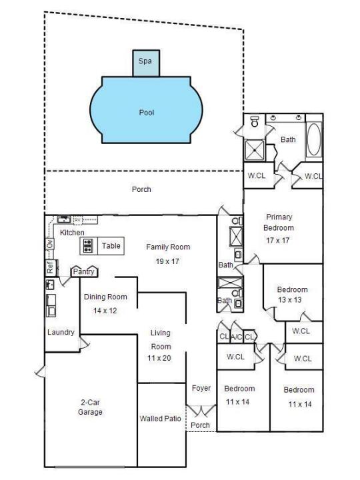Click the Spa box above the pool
point(146,63)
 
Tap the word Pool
point(147,113)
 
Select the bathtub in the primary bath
point(314,139)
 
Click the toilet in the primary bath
point(255,121)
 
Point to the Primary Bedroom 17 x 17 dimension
point(277,241)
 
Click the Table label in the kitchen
point(111,246)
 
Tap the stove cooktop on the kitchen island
point(88,246)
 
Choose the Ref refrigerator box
point(50,267)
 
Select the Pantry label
point(83,271)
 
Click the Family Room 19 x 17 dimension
point(167,261)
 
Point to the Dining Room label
point(105,297)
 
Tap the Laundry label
point(61,333)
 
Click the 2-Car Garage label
point(90,407)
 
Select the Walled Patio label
point(160,419)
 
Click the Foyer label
point(201,388)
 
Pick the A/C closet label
point(236,337)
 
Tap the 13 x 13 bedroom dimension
point(290,300)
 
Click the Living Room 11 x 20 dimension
point(159,358)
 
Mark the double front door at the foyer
point(201,410)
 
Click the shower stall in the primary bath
point(254,150)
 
